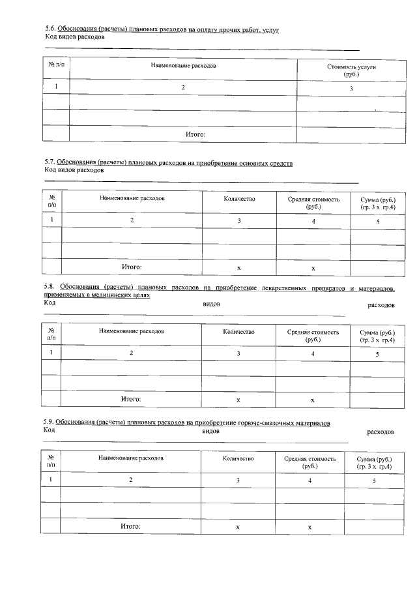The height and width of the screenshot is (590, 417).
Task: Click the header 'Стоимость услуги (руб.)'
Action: pos(351,70)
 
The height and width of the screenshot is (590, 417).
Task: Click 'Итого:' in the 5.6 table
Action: pos(195,134)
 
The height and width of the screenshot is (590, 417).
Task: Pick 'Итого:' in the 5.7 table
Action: pos(132,267)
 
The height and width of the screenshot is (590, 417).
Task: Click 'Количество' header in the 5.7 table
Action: pos(239,199)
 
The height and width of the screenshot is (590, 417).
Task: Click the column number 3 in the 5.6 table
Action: pos(351,89)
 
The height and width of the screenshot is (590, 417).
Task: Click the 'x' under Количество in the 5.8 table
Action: pos(238,400)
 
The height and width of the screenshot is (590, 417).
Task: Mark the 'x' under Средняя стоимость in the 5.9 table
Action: pos(309,527)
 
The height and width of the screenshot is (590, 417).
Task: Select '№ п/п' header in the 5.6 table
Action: pos(57,66)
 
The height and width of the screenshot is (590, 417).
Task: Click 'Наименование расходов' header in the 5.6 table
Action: pos(183,66)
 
